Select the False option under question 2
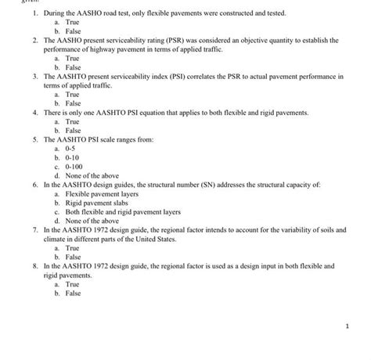pyautogui.click(x=73, y=67)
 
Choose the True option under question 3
pyautogui.click(x=72, y=94)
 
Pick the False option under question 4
pyautogui.click(x=73, y=130)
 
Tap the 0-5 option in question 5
pyautogui.click(x=70, y=148)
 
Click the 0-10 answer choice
pyautogui.click(x=72, y=157)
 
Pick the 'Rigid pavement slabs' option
pyautogui.click(x=96, y=202)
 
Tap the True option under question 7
pyautogui.click(x=72, y=247)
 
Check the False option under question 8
pyautogui.click(x=73, y=293)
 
